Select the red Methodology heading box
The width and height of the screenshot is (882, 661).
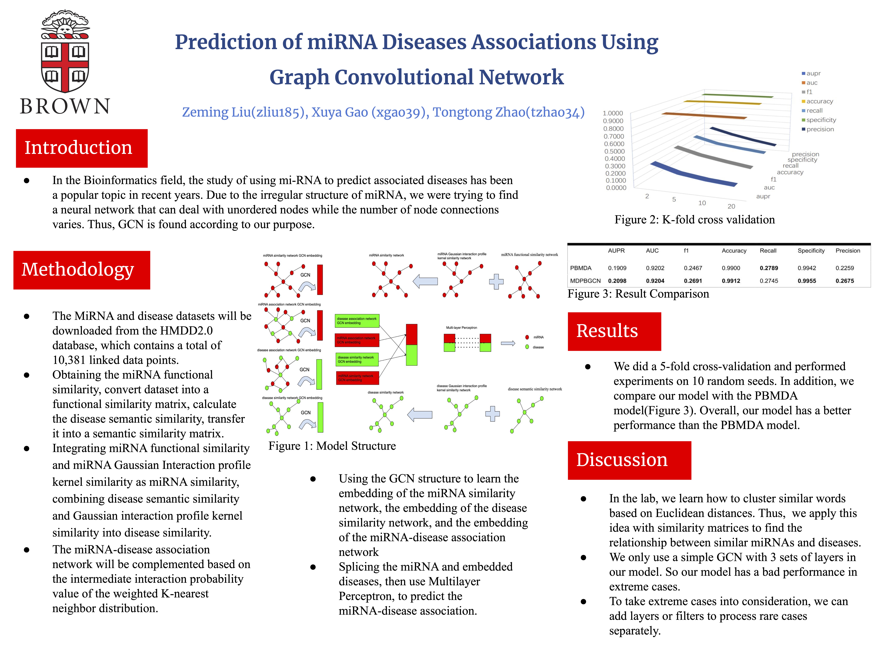coord(82,270)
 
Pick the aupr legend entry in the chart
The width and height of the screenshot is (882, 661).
coord(813,73)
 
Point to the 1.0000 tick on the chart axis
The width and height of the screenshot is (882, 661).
coord(613,113)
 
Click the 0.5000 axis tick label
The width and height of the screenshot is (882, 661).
coord(614,151)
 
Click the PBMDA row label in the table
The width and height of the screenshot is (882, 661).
coord(581,268)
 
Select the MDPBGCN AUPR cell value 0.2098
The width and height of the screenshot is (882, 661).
coord(617,281)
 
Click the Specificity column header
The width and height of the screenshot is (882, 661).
coord(811,251)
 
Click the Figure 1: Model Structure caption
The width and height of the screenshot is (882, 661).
coord(332,446)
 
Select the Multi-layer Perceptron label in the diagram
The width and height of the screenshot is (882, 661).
coord(461,328)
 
